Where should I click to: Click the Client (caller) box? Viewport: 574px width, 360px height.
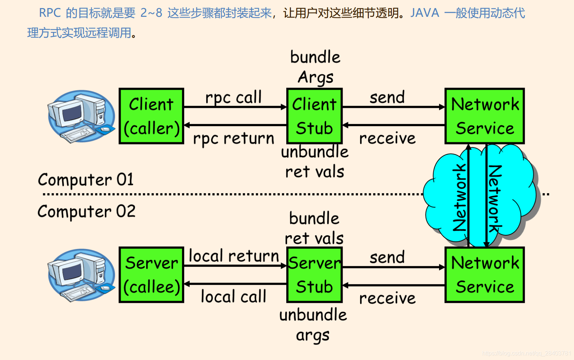(x=151, y=116)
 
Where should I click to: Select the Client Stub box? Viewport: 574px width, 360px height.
(x=314, y=116)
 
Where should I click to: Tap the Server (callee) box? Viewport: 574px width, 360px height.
(x=151, y=275)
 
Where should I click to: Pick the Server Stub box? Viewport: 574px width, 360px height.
(x=314, y=275)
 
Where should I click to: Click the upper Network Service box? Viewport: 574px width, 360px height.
(x=485, y=116)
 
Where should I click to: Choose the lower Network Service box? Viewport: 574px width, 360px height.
(x=485, y=275)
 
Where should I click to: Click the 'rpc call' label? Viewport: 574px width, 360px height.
(x=233, y=98)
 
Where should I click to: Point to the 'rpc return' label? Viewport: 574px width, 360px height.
(x=233, y=139)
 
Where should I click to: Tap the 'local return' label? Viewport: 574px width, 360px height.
(x=233, y=256)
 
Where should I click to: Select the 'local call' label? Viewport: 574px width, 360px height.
(x=233, y=296)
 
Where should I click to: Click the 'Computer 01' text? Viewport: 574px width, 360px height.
(x=86, y=180)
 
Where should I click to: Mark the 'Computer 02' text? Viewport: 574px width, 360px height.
(x=86, y=211)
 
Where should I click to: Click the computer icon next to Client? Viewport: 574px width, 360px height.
(x=81, y=116)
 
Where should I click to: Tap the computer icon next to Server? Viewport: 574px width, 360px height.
(x=81, y=275)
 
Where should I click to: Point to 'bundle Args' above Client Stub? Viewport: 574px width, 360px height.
(x=315, y=67)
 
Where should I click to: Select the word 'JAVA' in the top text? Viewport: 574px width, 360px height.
(x=424, y=13)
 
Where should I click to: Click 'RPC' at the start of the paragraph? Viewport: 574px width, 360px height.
(x=50, y=13)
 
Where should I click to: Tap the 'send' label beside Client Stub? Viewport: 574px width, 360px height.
(x=387, y=98)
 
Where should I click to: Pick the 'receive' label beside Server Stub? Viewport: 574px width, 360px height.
(x=387, y=298)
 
